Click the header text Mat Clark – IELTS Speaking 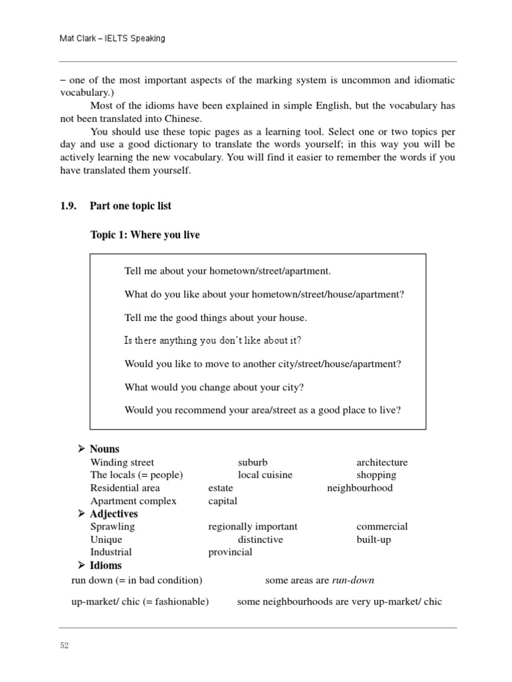[112, 39]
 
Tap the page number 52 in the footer [64, 645]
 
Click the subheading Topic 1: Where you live [145, 235]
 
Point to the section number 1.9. [69, 206]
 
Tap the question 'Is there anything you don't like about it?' [213, 340]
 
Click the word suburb [253, 462]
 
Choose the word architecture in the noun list [382, 462]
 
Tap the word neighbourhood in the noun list [360, 488]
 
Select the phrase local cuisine [265, 475]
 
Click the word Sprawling [112, 526]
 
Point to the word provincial [230, 551]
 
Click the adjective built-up [373, 539]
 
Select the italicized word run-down [353, 580]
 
